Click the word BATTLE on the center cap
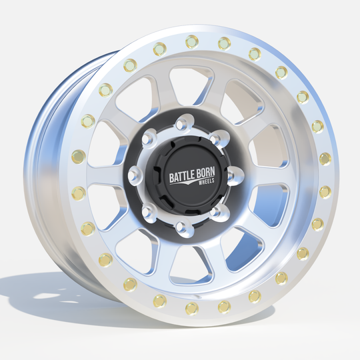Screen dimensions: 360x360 (x=181, y=176)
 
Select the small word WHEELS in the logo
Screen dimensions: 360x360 (x=206, y=181)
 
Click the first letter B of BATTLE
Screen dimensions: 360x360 (x=171, y=178)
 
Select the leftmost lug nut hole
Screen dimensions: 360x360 (x=132, y=176)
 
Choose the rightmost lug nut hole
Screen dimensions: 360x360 (x=230, y=176)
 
